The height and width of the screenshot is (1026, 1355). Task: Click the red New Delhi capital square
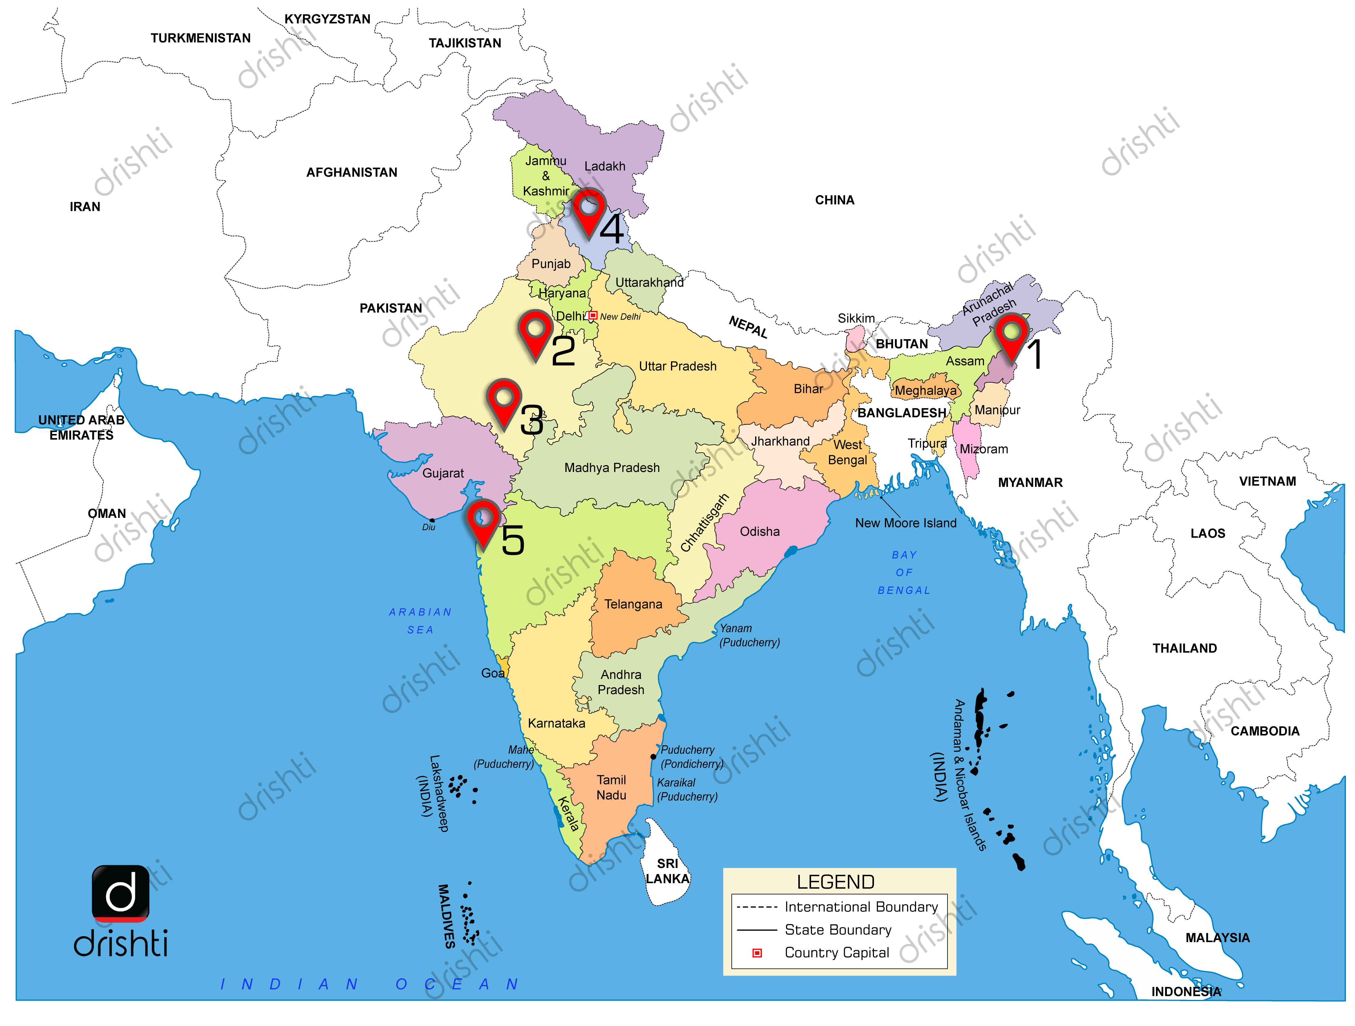pyautogui.click(x=592, y=315)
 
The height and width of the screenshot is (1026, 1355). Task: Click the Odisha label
pyautogui.click(x=760, y=532)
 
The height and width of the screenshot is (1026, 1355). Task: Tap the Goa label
pyautogui.click(x=493, y=673)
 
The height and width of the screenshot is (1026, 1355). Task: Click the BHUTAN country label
pyautogui.click(x=902, y=344)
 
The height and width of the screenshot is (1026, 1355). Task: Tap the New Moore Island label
pyautogui.click(x=905, y=523)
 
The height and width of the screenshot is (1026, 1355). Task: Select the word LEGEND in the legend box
pyautogui.click(x=836, y=882)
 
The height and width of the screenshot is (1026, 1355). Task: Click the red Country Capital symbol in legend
pyautogui.click(x=757, y=953)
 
